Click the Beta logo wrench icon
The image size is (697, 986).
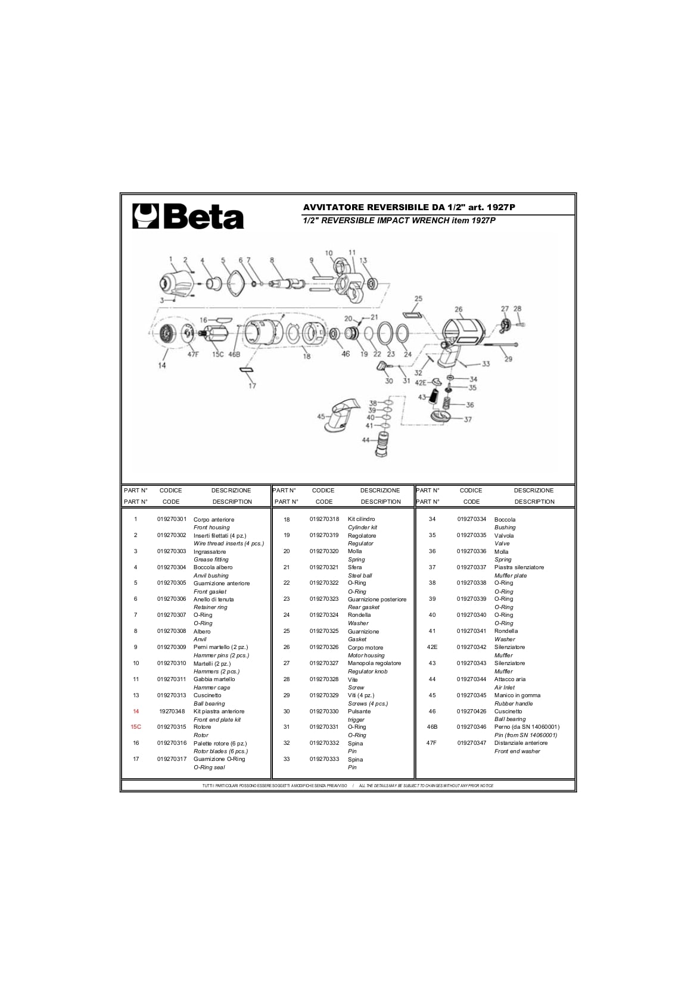[x=145, y=216]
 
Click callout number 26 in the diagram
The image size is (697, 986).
[x=458, y=310]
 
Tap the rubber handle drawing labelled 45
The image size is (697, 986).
[x=343, y=414]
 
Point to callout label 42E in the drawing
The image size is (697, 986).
[x=421, y=382]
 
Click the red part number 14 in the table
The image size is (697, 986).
[x=136, y=711]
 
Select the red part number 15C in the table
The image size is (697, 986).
[x=136, y=727]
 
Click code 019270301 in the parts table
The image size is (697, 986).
[x=172, y=519]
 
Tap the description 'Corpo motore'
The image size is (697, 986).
[x=365, y=647]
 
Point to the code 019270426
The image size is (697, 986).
[x=472, y=711]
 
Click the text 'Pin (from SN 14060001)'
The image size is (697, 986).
[x=525, y=735]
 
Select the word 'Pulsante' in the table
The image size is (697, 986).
[x=359, y=711]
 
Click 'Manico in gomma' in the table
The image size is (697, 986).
[x=517, y=695]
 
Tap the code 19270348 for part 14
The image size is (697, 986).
[x=172, y=711]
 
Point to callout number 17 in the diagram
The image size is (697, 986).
[x=252, y=386]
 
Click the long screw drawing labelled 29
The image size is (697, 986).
[x=500, y=345]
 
